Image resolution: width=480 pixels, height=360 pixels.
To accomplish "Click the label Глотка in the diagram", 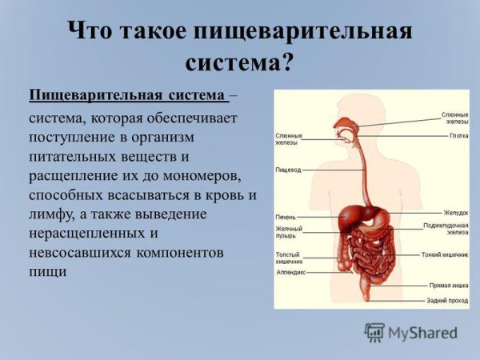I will [x=458, y=136].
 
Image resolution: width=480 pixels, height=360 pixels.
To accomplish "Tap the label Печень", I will [x=286, y=217].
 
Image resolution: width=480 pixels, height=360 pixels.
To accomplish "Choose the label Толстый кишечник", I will [x=289, y=258].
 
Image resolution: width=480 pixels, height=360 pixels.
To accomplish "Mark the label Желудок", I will [x=456, y=213].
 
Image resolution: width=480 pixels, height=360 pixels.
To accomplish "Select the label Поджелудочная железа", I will [x=446, y=229].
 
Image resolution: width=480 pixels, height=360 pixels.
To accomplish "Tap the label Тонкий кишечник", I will [x=445, y=255].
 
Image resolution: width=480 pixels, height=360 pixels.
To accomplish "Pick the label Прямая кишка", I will [x=449, y=285].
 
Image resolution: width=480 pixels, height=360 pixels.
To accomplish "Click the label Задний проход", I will [x=448, y=300].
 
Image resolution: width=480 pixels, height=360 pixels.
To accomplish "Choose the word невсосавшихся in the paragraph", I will [x=76, y=253].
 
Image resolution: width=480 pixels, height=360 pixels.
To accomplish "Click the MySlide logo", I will [x=411, y=331].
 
